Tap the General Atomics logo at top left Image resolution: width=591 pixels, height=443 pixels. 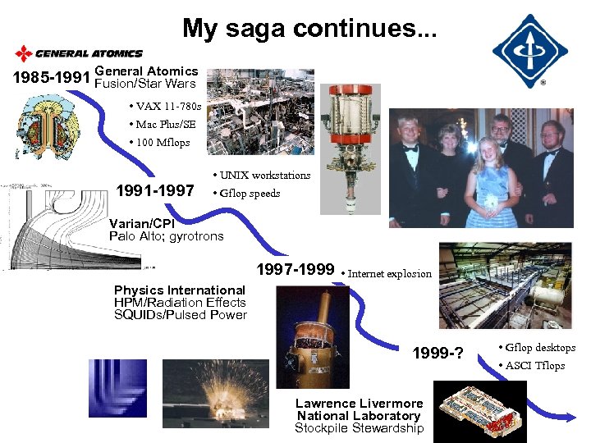pos(79,54)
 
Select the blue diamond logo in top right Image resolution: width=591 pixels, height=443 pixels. pos(529,51)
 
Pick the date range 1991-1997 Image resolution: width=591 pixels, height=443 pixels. pos(155,191)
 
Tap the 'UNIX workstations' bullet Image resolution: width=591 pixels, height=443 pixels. pos(261,176)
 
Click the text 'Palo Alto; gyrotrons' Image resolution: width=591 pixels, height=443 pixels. pos(166,236)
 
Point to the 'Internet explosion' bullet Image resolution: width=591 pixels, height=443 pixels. pos(386,273)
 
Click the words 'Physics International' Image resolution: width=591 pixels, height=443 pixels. pos(179,290)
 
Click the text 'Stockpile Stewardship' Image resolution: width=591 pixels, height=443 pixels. pos(359,428)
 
